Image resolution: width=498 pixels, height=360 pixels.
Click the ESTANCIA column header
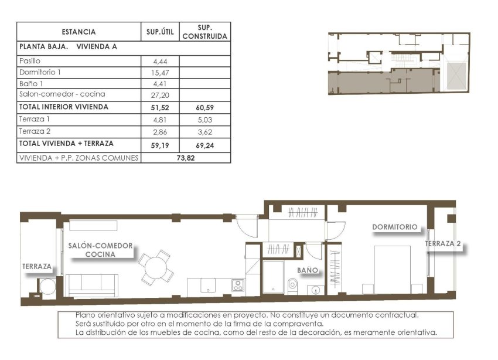78,32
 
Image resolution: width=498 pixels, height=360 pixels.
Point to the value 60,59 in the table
204,108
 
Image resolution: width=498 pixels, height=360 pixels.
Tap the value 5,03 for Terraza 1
204,120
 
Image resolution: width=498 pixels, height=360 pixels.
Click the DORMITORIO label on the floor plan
395,227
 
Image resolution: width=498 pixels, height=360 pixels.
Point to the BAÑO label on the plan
308,270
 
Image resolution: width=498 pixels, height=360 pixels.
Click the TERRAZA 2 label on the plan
444,244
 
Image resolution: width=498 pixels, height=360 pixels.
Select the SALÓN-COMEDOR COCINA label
100,250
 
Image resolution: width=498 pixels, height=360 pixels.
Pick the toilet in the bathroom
293,286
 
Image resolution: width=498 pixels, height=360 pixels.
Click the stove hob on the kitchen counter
238,286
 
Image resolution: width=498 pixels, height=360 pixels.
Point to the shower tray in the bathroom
272,279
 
